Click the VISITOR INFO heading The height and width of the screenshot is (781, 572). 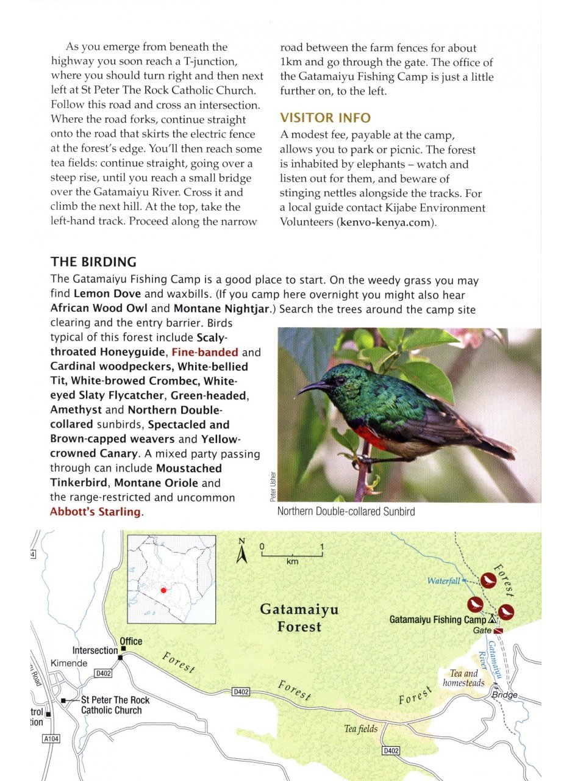coord(325,117)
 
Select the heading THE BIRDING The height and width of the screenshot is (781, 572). coord(93,262)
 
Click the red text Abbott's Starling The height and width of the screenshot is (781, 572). coord(95,512)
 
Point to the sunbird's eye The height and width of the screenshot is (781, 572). coord(337,379)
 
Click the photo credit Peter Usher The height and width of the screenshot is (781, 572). coord(272,487)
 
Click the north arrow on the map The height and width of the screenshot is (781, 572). coord(241,552)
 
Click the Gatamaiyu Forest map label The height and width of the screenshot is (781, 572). coord(299,617)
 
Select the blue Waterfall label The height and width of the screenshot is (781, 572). coord(443,581)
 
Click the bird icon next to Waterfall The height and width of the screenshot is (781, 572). coord(488,580)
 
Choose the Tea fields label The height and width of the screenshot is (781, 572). coord(360,729)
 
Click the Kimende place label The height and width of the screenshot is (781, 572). coord(69,663)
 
